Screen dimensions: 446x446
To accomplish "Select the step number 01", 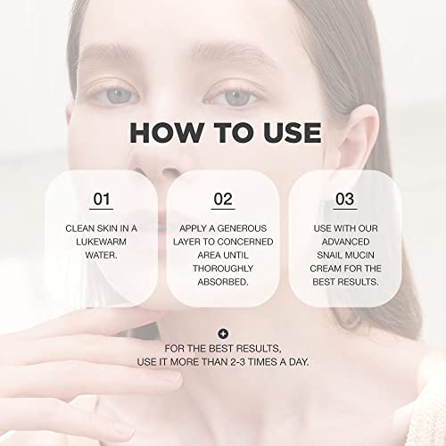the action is click(102, 199).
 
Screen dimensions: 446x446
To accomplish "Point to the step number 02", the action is click(223, 199).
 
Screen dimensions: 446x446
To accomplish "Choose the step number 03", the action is click(345, 199).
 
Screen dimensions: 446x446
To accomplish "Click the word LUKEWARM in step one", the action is click(101, 242).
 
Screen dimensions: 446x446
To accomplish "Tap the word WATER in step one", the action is click(100, 255).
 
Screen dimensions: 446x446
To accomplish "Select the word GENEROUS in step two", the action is click(242, 228).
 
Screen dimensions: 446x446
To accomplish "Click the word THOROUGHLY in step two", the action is click(223, 268).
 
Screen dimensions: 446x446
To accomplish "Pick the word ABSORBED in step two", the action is click(222, 282).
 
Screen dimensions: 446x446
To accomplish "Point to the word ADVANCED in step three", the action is click(345, 242).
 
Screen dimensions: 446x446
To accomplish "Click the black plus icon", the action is click(223, 334).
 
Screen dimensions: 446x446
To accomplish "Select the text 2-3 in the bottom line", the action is click(238, 362).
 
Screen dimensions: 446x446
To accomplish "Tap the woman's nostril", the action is click(169, 172).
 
